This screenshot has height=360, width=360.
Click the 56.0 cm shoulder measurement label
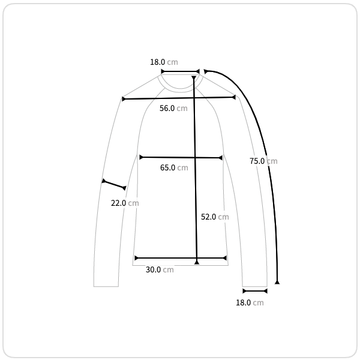173,108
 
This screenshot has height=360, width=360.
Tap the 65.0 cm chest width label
174,167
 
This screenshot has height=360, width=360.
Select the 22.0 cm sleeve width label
125,203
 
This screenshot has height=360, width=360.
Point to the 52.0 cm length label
215,217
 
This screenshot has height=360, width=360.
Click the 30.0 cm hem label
160,269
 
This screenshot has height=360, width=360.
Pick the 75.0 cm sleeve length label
263,161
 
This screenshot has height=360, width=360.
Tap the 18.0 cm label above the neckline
164,62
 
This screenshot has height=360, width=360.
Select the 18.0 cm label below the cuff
250,302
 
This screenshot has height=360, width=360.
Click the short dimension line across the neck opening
180,71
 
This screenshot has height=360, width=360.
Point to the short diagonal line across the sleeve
114,185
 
